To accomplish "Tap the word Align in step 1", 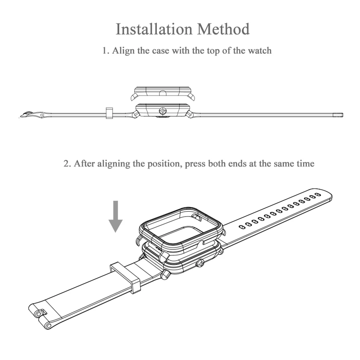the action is tap(123, 50).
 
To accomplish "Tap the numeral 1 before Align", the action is tap(105, 50).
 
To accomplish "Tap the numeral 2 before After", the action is tap(67, 164).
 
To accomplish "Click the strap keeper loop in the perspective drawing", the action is tap(126, 275).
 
